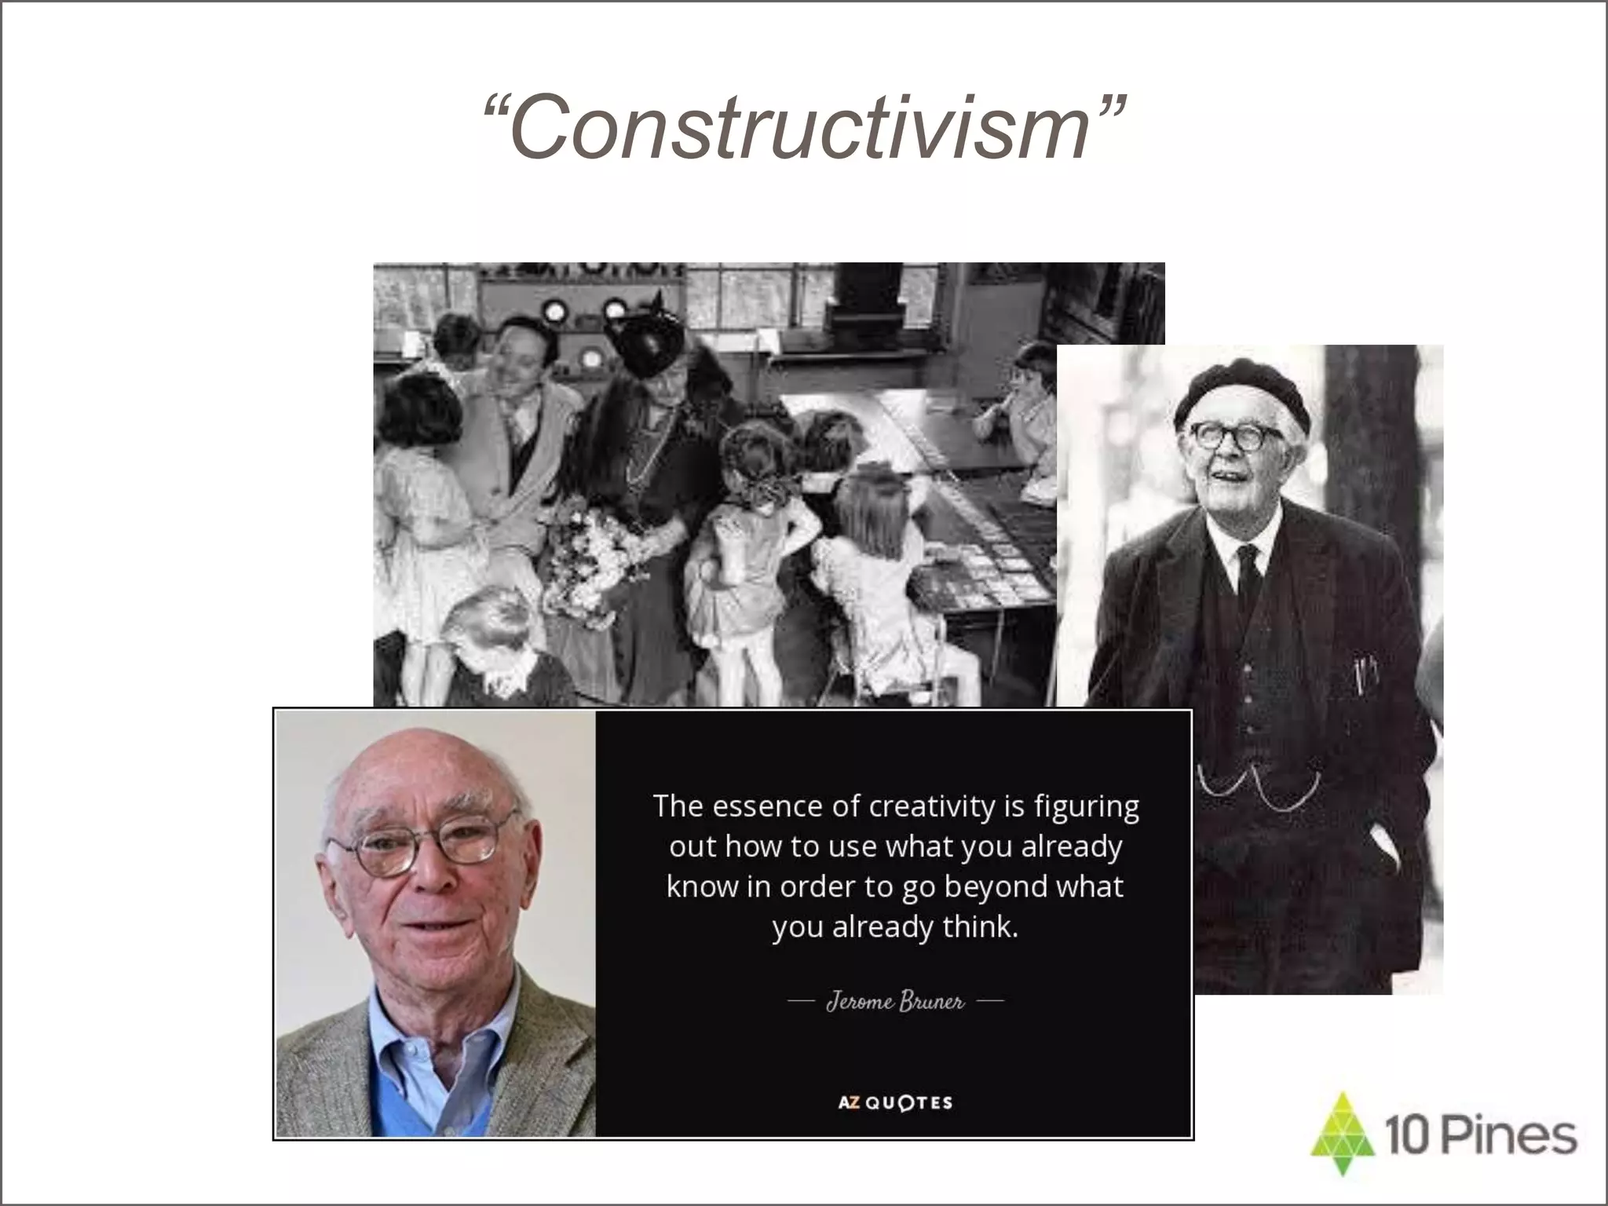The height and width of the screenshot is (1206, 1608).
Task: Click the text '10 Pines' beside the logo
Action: point(1481,1137)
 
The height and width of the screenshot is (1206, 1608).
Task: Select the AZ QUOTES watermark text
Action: point(894,1102)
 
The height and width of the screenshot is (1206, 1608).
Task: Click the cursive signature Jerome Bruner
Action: point(894,1002)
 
